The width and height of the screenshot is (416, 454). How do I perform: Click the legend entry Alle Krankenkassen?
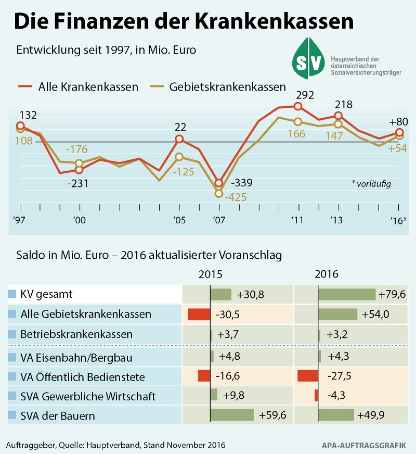(88, 86)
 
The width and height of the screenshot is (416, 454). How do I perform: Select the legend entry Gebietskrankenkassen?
(227, 86)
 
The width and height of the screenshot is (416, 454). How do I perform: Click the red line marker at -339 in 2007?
(219, 183)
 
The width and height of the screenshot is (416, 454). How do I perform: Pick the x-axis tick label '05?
(178, 220)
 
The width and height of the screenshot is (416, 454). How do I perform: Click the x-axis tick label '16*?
(399, 220)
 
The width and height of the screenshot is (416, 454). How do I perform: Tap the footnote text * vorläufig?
(371, 183)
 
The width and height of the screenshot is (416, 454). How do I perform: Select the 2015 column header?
(211, 274)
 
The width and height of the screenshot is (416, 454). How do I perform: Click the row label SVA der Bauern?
(57, 415)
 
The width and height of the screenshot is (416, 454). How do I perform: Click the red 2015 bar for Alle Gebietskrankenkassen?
(198, 314)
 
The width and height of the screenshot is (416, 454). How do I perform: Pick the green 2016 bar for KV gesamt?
(346, 294)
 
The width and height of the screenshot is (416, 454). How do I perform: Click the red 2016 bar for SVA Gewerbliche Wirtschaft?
(316, 395)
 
